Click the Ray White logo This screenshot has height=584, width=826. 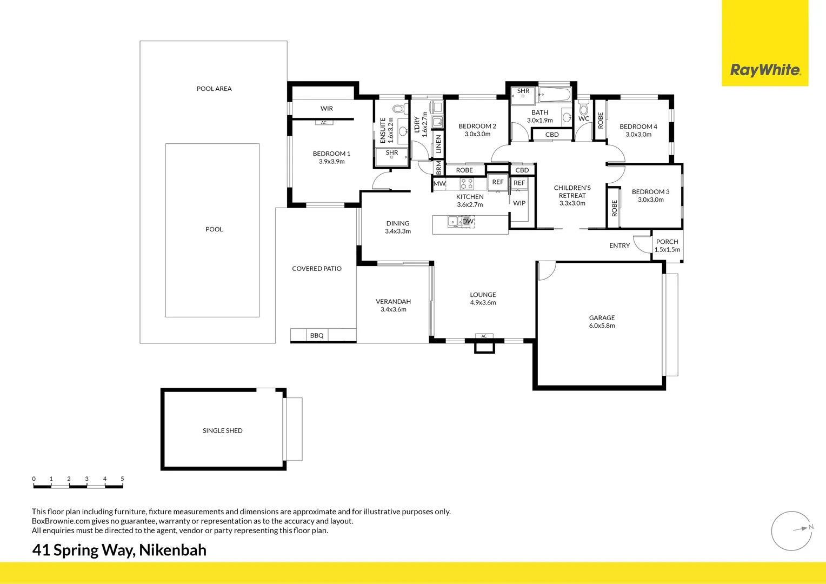pyautogui.click(x=765, y=70)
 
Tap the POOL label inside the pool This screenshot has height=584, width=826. pyautogui.click(x=214, y=229)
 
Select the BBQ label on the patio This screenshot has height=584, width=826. pyautogui.click(x=317, y=336)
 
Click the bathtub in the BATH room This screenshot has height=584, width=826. pyautogui.click(x=555, y=96)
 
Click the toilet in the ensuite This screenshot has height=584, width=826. pyautogui.click(x=399, y=109)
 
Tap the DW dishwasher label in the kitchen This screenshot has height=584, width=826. pyautogui.click(x=468, y=221)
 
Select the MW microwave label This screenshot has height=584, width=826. pyautogui.click(x=439, y=184)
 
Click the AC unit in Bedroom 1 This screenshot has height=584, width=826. pyautogui.click(x=324, y=123)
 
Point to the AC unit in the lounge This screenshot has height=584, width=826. pyautogui.click(x=484, y=336)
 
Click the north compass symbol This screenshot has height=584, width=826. pyautogui.click(x=792, y=530)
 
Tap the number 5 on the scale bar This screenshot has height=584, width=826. pyautogui.click(x=122, y=479)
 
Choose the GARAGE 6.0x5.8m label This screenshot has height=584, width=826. pyautogui.click(x=602, y=322)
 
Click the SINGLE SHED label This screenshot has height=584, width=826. pyautogui.click(x=222, y=430)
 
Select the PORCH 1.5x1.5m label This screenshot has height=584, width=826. pyautogui.click(x=667, y=245)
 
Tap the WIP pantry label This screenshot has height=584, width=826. pyautogui.click(x=519, y=203)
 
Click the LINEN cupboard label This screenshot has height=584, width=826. pyautogui.click(x=438, y=144)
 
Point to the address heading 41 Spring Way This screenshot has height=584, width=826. pyautogui.click(x=119, y=550)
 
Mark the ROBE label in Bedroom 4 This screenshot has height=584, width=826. pyautogui.click(x=600, y=120)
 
